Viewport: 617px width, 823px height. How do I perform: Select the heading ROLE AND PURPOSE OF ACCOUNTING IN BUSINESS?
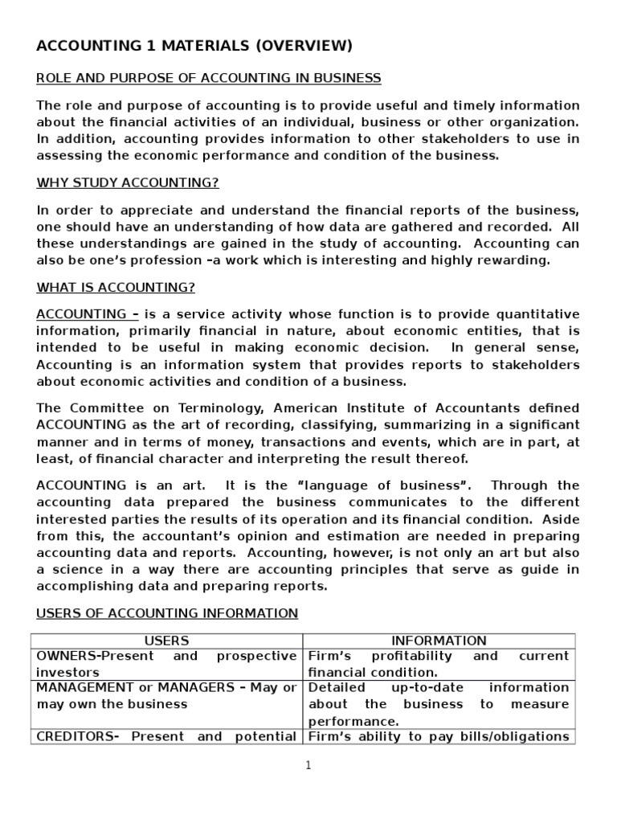coord(209,78)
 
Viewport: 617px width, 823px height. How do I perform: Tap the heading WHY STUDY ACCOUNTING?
coord(128,182)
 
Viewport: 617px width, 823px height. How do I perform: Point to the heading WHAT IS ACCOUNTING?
coord(116,287)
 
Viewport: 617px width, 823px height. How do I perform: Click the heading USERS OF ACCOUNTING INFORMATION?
coord(167,613)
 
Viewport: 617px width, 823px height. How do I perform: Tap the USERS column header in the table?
coord(166,641)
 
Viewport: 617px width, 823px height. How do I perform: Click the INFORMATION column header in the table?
coord(439,641)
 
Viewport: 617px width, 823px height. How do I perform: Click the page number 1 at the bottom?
coord(308,766)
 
